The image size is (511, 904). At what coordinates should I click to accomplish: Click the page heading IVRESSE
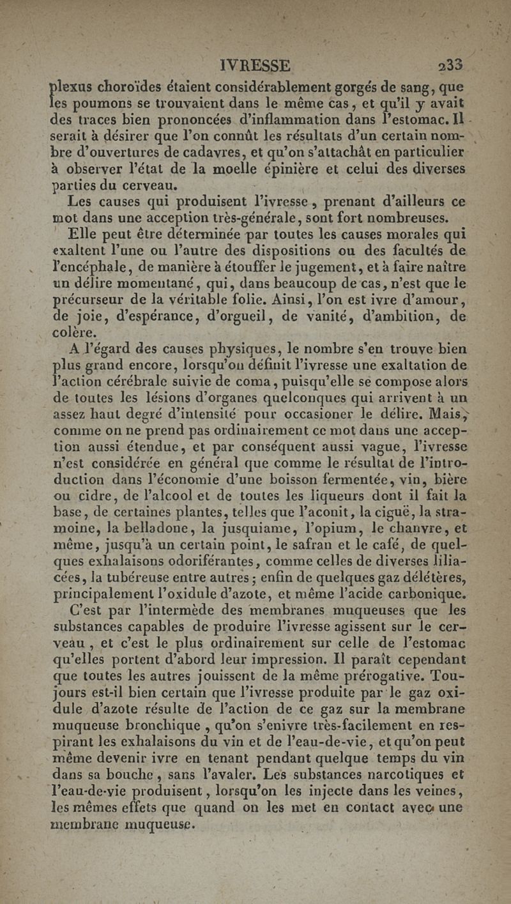[x=254, y=65]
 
